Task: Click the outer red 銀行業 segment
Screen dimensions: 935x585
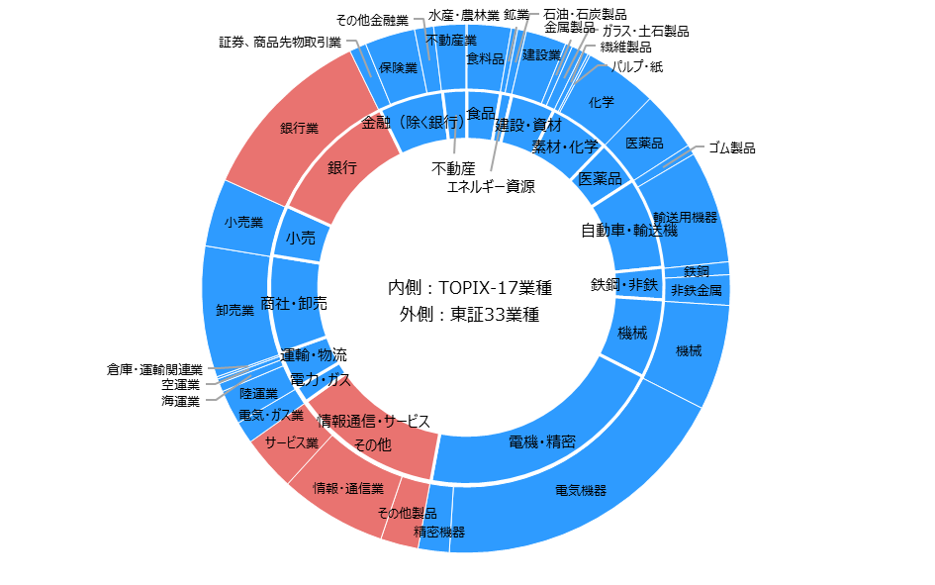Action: pyautogui.click(x=298, y=129)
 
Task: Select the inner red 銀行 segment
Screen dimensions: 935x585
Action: pyautogui.click(x=341, y=167)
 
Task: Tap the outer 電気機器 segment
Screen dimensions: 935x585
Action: pyautogui.click(x=580, y=490)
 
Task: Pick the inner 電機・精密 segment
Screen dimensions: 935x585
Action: pyautogui.click(x=541, y=441)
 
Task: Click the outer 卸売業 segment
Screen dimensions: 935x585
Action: pyautogui.click(x=235, y=310)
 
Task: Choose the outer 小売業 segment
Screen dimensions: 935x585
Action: pyautogui.click(x=243, y=223)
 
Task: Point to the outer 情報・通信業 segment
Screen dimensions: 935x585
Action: pyautogui.click(x=348, y=488)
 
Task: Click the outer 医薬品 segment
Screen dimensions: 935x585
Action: pyautogui.click(x=644, y=144)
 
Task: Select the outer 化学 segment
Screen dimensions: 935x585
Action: pyautogui.click(x=602, y=102)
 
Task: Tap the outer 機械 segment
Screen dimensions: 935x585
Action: pyautogui.click(x=688, y=350)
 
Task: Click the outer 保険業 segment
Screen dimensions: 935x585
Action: pyautogui.click(x=398, y=68)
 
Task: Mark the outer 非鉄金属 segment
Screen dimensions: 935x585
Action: pyautogui.click(x=696, y=290)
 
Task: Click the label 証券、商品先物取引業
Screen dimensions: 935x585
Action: pyautogui.click(x=280, y=43)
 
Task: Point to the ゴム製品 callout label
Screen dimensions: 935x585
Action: pyautogui.click(x=731, y=147)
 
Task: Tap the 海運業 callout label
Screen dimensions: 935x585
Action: pyautogui.click(x=180, y=401)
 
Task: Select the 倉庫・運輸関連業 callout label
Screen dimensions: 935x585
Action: pyautogui.click(x=154, y=370)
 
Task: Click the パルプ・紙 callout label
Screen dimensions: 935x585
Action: pyautogui.click(x=636, y=66)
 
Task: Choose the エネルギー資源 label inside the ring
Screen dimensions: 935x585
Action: pyautogui.click(x=491, y=187)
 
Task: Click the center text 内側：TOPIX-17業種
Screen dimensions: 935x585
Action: pyautogui.click(x=470, y=287)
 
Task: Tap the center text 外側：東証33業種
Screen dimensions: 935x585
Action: pyautogui.click(x=470, y=314)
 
